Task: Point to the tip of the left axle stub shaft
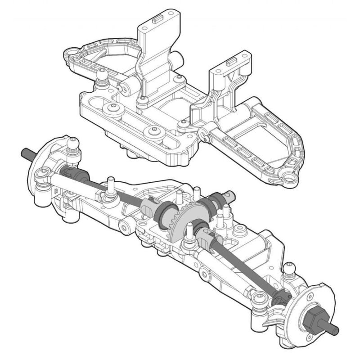(x=23, y=152)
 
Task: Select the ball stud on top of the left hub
(x=72, y=144)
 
